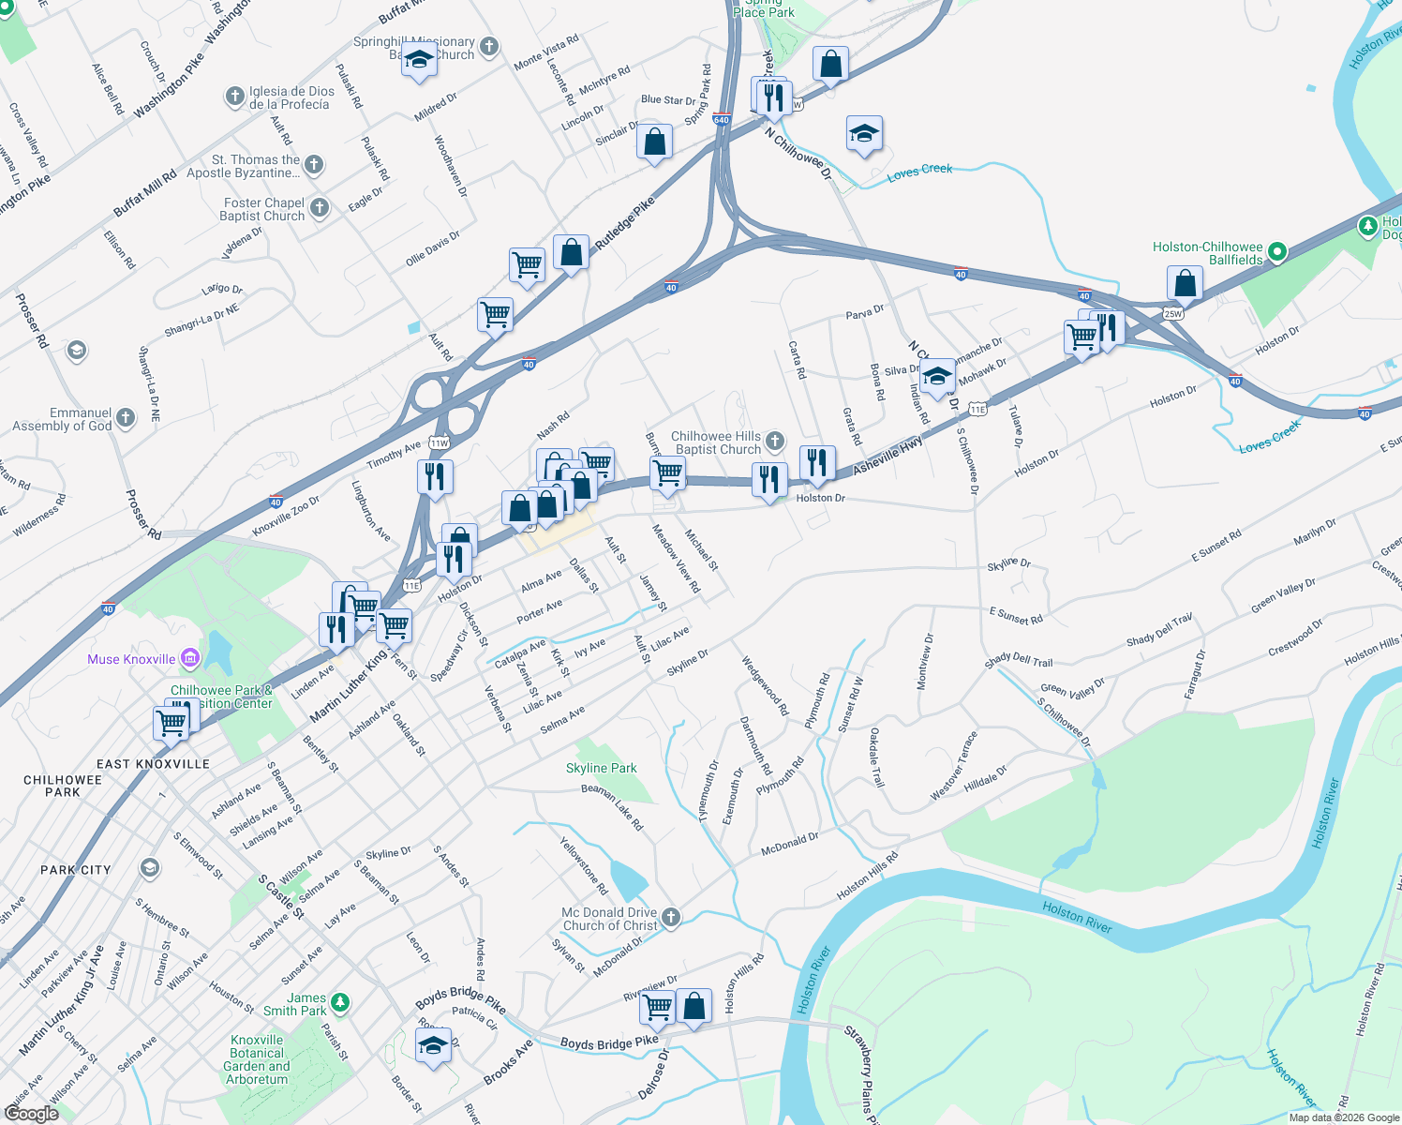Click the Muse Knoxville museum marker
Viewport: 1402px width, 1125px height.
tap(190, 658)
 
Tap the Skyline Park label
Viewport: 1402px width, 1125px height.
tap(601, 768)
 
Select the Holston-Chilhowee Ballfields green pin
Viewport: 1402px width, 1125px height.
tap(1276, 252)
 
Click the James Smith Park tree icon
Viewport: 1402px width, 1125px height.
tap(340, 1004)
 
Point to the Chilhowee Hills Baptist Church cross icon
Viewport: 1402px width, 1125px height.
tap(775, 442)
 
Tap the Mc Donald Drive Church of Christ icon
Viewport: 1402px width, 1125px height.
tap(671, 918)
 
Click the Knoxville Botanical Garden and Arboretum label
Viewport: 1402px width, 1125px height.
tap(257, 1059)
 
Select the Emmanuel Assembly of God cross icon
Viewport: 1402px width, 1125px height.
tap(126, 418)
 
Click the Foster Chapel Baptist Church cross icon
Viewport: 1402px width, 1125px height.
tap(320, 208)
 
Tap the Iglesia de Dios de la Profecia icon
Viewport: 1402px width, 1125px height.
tap(235, 97)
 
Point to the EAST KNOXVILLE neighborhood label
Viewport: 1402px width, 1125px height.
tap(153, 764)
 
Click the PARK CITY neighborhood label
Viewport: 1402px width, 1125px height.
tap(75, 870)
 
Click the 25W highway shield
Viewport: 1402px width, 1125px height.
tap(1173, 313)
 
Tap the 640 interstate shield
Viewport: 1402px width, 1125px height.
tap(721, 119)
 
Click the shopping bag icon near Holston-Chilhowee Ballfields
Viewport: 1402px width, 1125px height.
tap(1185, 282)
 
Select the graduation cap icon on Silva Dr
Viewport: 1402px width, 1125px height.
tap(936, 376)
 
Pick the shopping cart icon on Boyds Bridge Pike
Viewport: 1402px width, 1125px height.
tap(658, 1006)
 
